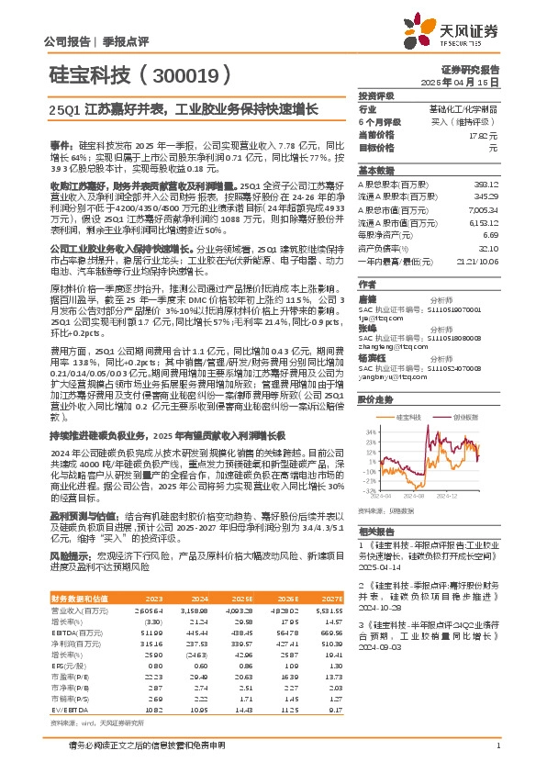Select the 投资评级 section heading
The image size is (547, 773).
tap(376, 95)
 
